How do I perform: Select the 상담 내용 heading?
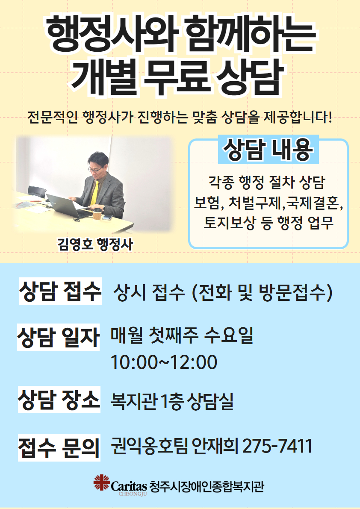[268, 150]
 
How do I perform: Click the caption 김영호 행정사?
[95, 244]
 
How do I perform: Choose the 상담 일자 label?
[59, 337]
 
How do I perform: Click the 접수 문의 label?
[59, 447]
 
